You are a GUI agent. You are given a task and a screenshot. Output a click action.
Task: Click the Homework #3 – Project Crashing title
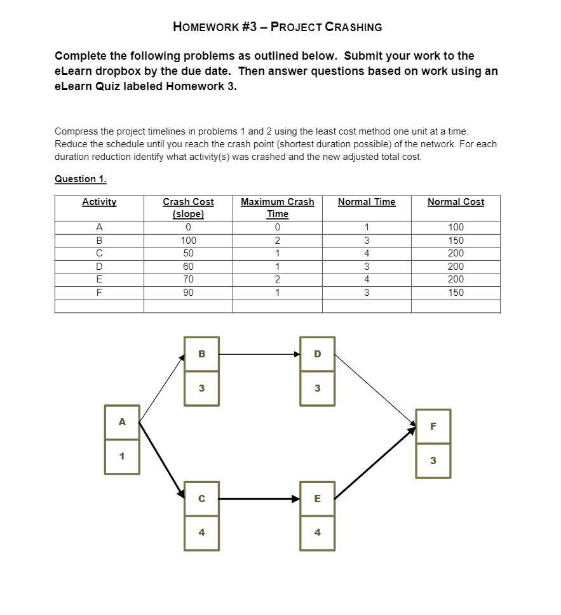click(x=277, y=27)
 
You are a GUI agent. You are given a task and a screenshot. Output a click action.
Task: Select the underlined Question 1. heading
click(x=80, y=179)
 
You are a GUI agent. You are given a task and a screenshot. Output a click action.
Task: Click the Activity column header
click(x=99, y=202)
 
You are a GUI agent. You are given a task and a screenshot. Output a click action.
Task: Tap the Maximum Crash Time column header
click(x=277, y=208)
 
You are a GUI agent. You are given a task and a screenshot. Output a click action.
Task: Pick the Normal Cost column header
click(x=456, y=202)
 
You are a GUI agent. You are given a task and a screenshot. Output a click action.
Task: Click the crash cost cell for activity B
click(x=188, y=241)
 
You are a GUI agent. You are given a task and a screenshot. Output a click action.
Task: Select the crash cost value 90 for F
click(x=188, y=293)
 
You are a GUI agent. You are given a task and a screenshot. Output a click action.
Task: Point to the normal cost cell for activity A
click(x=456, y=227)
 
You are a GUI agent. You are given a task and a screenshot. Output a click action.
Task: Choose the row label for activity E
click(x=99, y=279)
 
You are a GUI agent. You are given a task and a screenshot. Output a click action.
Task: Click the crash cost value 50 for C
click(x=188, y=253)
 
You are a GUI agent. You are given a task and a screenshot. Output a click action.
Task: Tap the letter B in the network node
click(x=202, y=354)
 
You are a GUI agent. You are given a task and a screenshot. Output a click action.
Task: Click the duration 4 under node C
click(x=202, y=532)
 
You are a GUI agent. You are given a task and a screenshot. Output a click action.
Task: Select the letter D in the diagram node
click(x=318, y=354)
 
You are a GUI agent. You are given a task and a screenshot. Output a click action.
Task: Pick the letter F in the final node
click(x=433, y=427)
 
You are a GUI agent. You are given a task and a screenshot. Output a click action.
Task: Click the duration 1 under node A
click(x=122, y=456)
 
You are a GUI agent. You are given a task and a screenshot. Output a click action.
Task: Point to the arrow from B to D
click(x=259, y=354)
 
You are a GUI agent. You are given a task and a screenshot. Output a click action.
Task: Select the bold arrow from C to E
click(x=259, y=499)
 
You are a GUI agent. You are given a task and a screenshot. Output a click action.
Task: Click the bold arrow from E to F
click(x=375, y=463)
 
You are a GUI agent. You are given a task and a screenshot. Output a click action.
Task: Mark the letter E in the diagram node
click(x=318, y=499)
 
